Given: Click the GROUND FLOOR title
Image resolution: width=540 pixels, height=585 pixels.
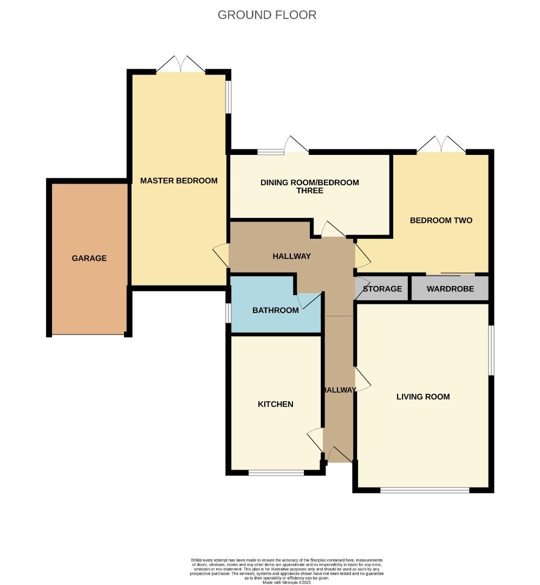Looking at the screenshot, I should [267, 15].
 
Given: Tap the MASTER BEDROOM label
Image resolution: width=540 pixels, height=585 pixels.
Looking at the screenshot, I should [179, 181].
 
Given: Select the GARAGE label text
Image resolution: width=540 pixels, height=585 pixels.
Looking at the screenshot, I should [89, 258].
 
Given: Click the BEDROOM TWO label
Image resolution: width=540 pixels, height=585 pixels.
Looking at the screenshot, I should [441, 220].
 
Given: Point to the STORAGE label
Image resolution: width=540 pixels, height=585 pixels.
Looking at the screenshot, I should [382, 289].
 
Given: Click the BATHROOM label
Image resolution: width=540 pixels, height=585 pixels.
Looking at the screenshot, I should [275, 310].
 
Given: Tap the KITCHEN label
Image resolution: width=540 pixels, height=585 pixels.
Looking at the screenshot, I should [275, 404].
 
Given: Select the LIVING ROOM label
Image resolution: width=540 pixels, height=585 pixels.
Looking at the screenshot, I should [423, 396].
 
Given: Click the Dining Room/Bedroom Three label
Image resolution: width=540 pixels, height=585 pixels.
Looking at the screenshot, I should [309, 186].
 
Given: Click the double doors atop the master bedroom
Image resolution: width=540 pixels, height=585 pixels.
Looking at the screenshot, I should [181, 64].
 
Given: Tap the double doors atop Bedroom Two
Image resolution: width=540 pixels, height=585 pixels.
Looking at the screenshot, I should [441, 144].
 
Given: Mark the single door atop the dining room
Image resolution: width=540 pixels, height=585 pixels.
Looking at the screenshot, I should [295, 145].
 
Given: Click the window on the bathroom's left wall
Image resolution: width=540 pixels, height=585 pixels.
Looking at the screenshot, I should [228, 313].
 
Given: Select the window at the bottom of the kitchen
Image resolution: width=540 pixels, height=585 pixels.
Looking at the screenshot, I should [276, 473].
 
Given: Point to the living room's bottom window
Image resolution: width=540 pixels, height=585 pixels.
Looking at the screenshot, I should [425, 490].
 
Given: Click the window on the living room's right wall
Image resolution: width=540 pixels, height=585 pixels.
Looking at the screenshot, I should [491, 350].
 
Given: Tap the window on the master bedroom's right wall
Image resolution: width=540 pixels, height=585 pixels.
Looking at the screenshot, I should [229, 97].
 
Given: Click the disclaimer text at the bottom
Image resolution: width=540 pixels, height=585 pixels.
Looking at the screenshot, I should [287, 571].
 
